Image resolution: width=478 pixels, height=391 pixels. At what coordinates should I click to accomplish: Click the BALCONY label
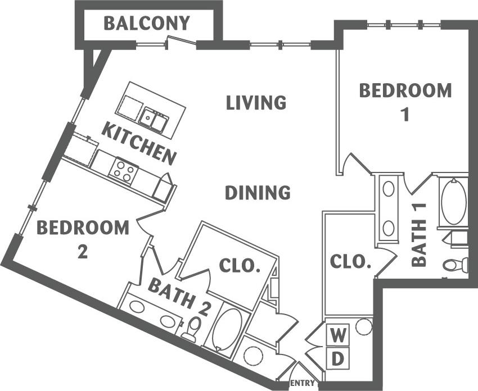(x=147, y=24)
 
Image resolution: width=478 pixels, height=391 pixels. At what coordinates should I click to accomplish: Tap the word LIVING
(x=256, y=103)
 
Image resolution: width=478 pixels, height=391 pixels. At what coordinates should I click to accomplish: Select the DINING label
(x=258, y=193)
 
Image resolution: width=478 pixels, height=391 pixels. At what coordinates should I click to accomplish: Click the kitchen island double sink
(x=154, y=119)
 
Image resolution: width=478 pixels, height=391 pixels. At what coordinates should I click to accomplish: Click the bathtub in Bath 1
(x=453, y=202)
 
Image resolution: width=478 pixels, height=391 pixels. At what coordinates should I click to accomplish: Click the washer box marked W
(x=337, y=336)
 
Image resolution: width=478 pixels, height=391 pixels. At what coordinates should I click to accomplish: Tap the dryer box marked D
(x=337, y=358)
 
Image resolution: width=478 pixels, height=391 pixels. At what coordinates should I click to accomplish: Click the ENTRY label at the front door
(x=304, y=383)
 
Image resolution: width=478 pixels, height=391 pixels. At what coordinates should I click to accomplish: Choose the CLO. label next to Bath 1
(x=350, y=261)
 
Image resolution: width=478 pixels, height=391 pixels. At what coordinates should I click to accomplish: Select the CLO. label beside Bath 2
(x=239, y=266)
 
